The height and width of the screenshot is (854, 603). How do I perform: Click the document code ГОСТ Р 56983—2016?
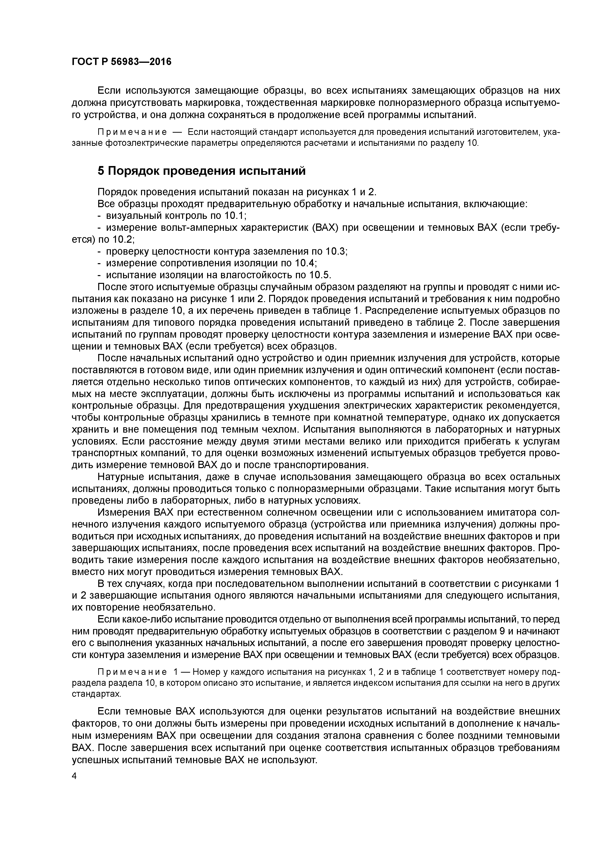point(122,62)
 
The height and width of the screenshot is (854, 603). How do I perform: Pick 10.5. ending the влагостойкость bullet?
point(319,275)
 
